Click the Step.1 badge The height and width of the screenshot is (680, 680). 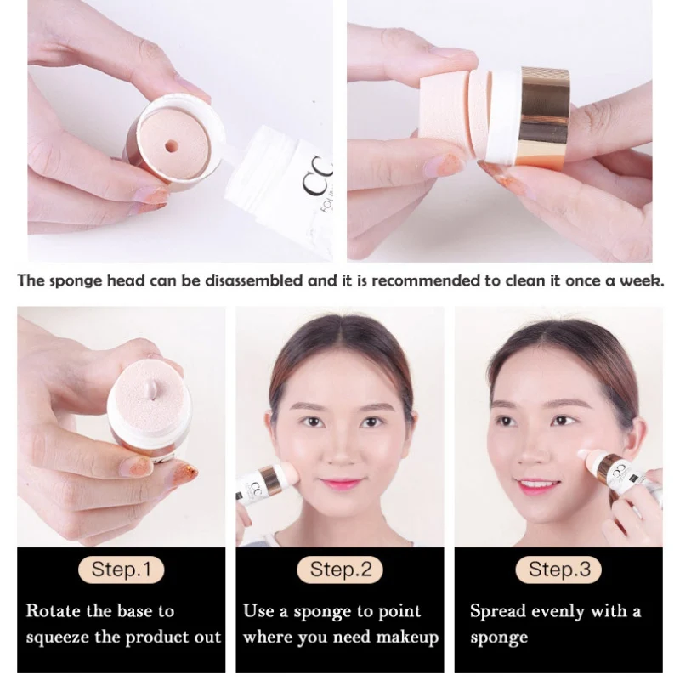click(122, 569)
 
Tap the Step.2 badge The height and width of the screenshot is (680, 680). click(341, 569)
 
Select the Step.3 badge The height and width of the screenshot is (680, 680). click(559, 569)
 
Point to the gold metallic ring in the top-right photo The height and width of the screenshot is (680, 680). click(544, 118)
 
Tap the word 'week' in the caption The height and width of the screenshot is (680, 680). click(642, 280)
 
